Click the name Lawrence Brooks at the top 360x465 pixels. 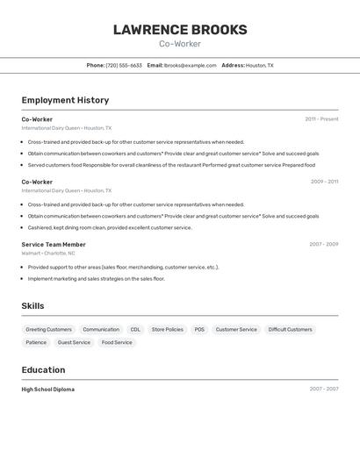pyautogui.click(x=180, y=30)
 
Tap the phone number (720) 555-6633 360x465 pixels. pyautogui.click(x=124, y=65)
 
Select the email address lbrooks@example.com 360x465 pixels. pyautogui.click(x=191, y=65)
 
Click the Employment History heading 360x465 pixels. pyautogui.click(x=65, y=100)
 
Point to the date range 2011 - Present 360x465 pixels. pyautogui.click(x=321, y=119)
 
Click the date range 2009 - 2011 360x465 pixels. pyautogui.click(x=324, y=182)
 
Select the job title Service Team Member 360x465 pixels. pyautogui.click(x=54, y=245)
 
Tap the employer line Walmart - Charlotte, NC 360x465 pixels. pyautogui.click(x=48, y=254)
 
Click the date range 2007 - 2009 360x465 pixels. pyautogui.click(x=323, y=245)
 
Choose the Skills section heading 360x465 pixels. pyautogui.click(x=32, y=306)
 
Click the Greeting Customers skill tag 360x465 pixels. pyautogui.click(x=48, y=330)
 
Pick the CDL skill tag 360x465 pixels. pyautogui.click(x=135, y=330)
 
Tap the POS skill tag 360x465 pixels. pyautogui.click(x=199, y=330)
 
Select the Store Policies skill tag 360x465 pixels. pyautogui.click(x=168, y=330)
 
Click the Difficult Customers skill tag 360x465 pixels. pyautogui.click(x=290, y=330)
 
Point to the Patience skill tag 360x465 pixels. pyautogui.click(x=36, y=342)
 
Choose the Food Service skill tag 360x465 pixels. pyautogui.click(x=117, y=342)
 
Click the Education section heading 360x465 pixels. pyautogui.click(x=43, y=370)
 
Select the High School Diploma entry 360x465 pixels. pyautogui.click(x=48, y=390)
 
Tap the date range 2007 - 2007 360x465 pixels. pyautogui.click(x=323, y=390)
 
